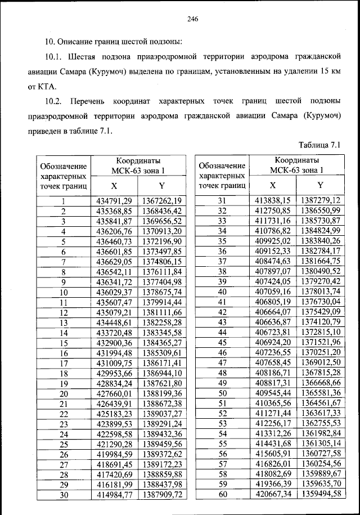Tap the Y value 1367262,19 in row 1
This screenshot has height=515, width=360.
[x=161, y=201]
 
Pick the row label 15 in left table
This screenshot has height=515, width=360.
[x=64, y=342]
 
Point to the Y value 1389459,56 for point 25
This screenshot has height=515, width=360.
[x=161, y=444]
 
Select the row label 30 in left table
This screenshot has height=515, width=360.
[x=64, y=494]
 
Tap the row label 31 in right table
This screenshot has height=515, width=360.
[x=222, y=200]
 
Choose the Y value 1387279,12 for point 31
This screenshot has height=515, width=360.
[x=321, y=200]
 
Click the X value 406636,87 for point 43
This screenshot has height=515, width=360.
[x=273, y=322]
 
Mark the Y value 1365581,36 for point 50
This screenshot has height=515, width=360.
[x=321, y=392]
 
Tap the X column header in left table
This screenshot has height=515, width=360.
[x=114, y=185]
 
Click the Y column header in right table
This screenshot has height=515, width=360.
[x=320, y=185]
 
